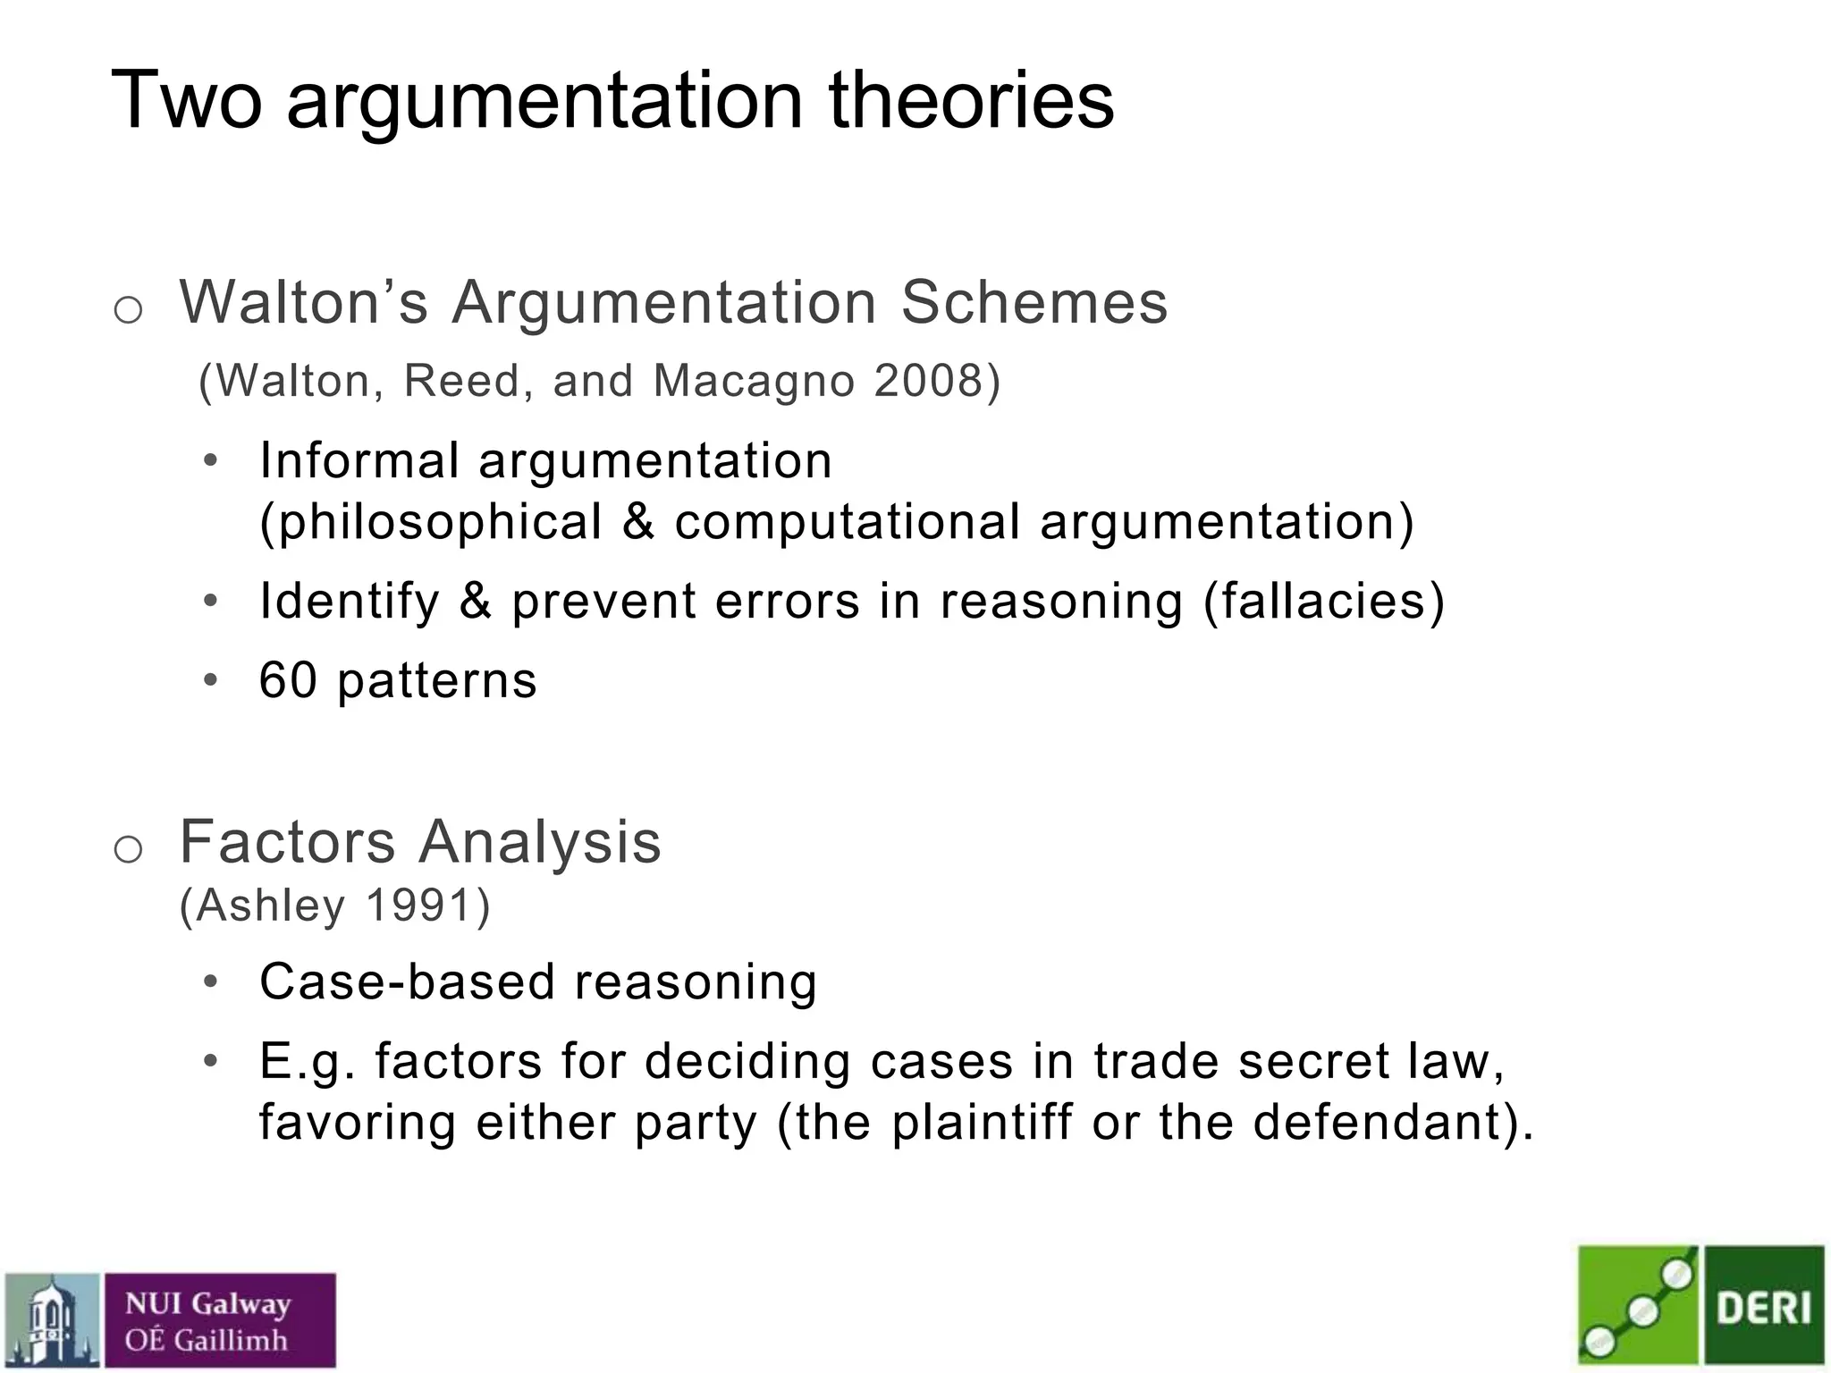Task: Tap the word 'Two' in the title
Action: pyautogui.click(x=186, y=100)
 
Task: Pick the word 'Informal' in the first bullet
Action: pyautogui.click(x=359, y=461)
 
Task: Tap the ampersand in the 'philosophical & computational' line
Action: pyautogui.click(x=637, y=522)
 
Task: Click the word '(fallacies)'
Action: pyautogui.click(x=1324, y=601)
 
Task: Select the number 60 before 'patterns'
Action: pyautogui.click(x=288, y=680)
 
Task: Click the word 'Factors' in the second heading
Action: pyautogui.click(x=287, y=842)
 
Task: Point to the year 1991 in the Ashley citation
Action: pyautogui.click(x=418, y=906)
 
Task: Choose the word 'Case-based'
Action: pyautogui.click(x=407, y=981)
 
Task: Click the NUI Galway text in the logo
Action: pyautogui.click(x=207, y=1304)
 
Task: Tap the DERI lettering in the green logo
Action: pyautogui.click(x=1763, y=1309)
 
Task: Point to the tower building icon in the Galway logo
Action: pyautogui.click(x=52, y=1320)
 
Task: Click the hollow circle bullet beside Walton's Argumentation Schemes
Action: pyautogui.click(x=129, y=310)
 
